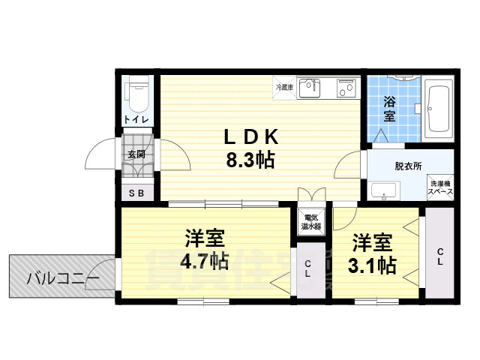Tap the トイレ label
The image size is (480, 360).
click(x=136, y=120)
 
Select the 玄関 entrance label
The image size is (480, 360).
click(x=136, y=154)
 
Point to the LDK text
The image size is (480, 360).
click(x=253, y=137)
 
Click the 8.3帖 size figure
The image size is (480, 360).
click(x=250, y=159)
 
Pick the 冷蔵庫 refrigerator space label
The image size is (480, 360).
click(x=284, y=88)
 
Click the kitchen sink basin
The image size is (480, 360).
click(x=309, y=88)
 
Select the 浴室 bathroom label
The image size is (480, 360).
click(x=389, y=109)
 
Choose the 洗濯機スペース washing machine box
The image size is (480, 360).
click(x=439, y=187)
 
